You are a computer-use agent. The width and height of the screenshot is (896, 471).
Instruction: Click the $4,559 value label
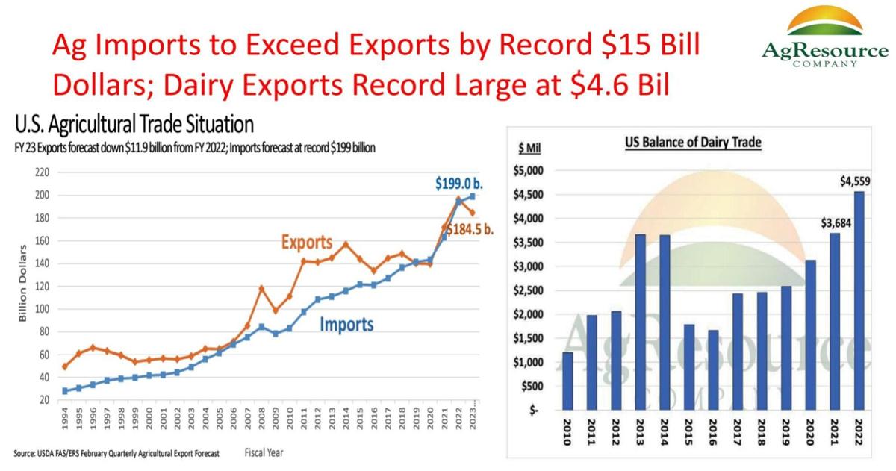(x=854, y=180)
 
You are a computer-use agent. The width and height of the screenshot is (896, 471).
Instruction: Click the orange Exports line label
(x=308, y=243)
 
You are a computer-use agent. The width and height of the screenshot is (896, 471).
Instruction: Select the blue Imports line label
(x=346, y=325)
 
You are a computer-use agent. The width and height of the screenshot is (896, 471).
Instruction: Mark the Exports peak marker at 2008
(x=262, y=288)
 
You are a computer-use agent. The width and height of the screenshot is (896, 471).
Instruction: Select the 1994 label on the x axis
(x=66, y=428)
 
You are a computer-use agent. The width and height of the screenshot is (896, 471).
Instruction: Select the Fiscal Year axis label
(x=264, y=452)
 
